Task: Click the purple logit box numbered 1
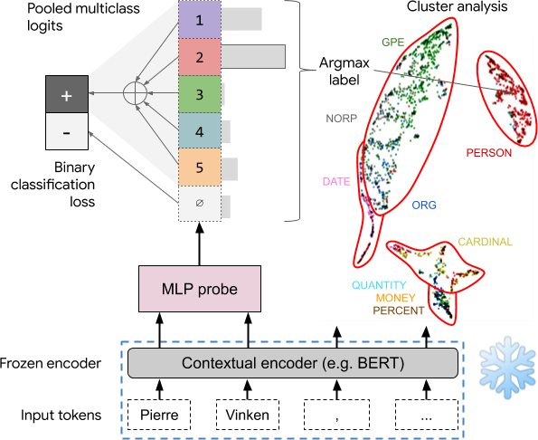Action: click(x=200, y=20)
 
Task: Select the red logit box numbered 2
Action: click(x=200, y=57)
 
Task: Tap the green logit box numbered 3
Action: click(x=200, y=94)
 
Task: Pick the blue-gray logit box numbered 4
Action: click(x=200, y=131)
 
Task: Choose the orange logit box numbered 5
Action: click(x=200, y=167)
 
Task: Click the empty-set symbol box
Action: click(x=200, y=204)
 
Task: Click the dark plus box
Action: click(x=67, y=94)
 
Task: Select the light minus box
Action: click(x=67, y=131)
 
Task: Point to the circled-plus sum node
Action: click(x=136, y=93)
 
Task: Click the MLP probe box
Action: click(x=200, y=289)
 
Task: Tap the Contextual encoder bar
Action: click(x=293, y=363)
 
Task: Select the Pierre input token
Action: click(x=159, y=415)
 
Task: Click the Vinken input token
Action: click(x=248, y=415)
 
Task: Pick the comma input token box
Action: click(x=337, y=415)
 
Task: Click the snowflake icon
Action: click(x=508, y=368)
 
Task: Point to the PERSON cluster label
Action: click(x=489, y=153)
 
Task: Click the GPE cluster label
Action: click(x=392, y=43)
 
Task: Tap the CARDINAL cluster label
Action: click(x=486, y=242)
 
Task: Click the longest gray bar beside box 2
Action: click(x=253, y=56)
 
